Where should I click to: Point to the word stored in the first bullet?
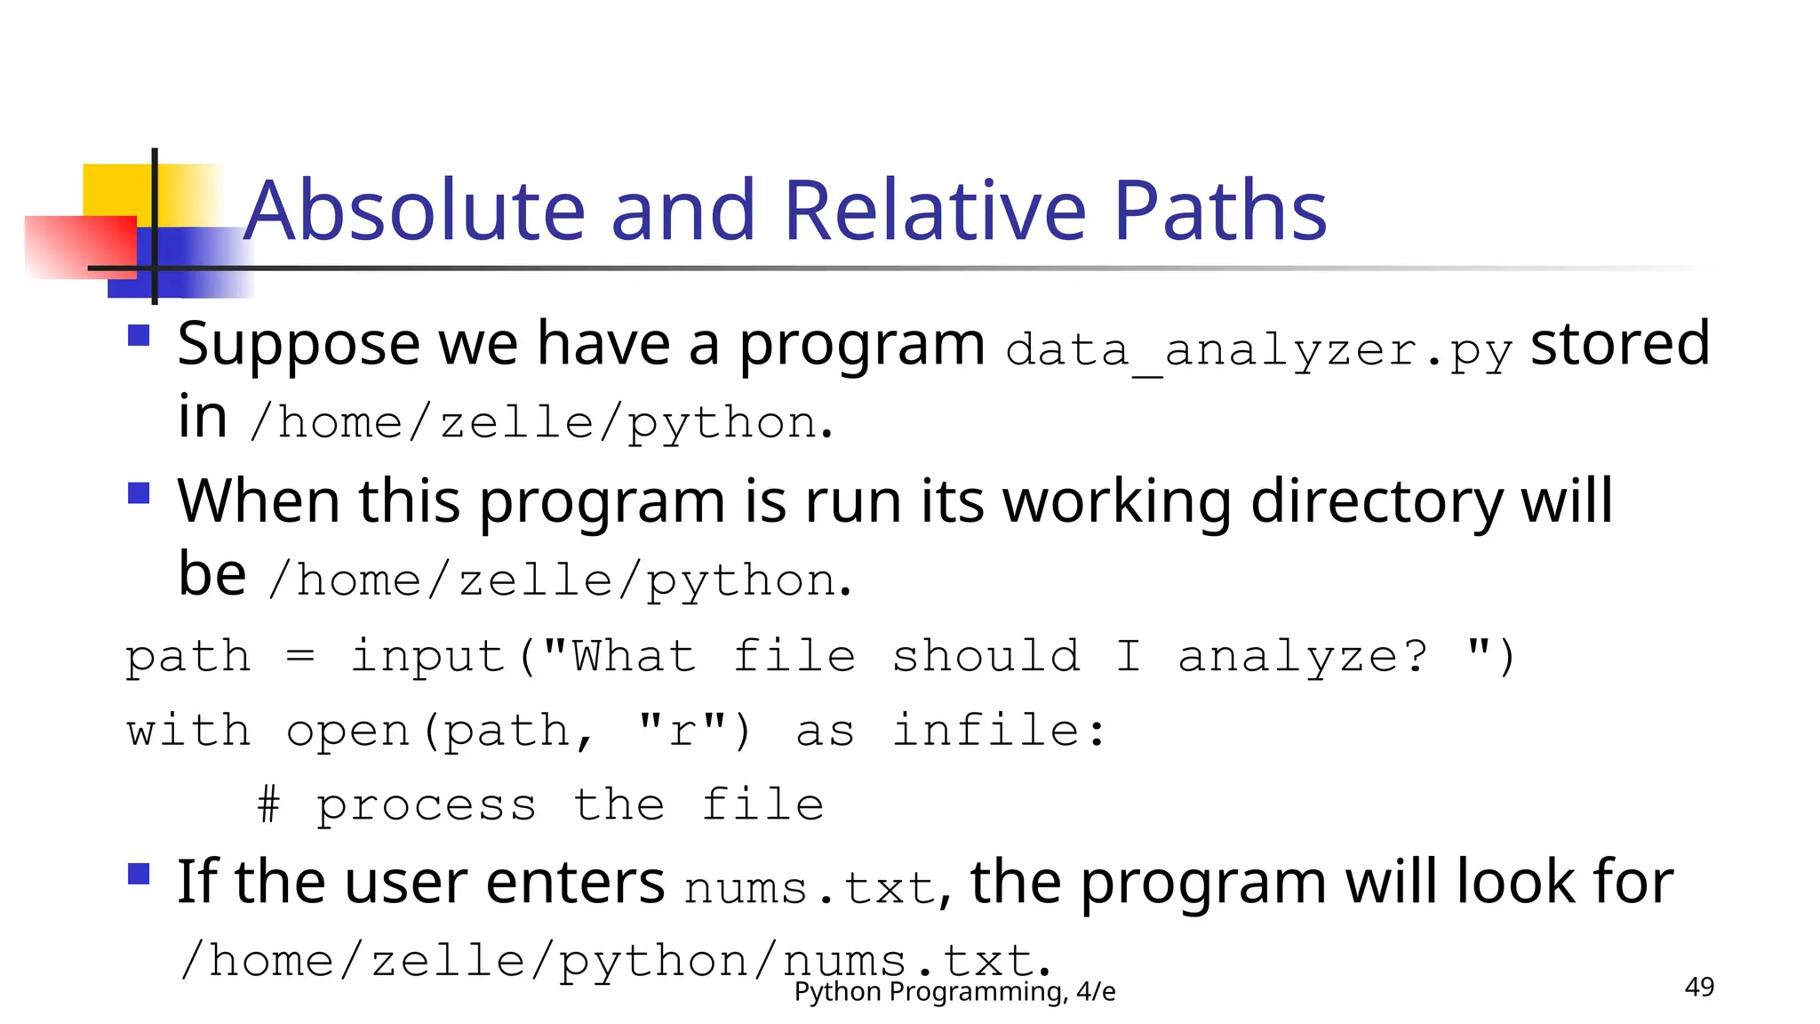[x=1619, y=343]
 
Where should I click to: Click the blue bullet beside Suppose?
[x=139, y=335]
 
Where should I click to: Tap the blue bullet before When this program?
[x=139, y=492]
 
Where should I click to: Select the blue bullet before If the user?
[x=139, y=874]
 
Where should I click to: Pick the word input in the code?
[x=428, y=657]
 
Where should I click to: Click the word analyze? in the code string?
[x=1303, y=657]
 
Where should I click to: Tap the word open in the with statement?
[x=347, y=732]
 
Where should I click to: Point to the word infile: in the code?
[x=1000, y=732]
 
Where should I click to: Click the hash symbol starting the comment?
[x=268, y=805]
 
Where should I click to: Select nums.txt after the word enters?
[x=809, y=888]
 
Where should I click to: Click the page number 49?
[x=1699, y=987]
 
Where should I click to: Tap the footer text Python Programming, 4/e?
[x=954, y=991]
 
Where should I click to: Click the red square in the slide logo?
[x=80, y=246]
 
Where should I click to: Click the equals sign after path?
[x=300, y=657]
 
